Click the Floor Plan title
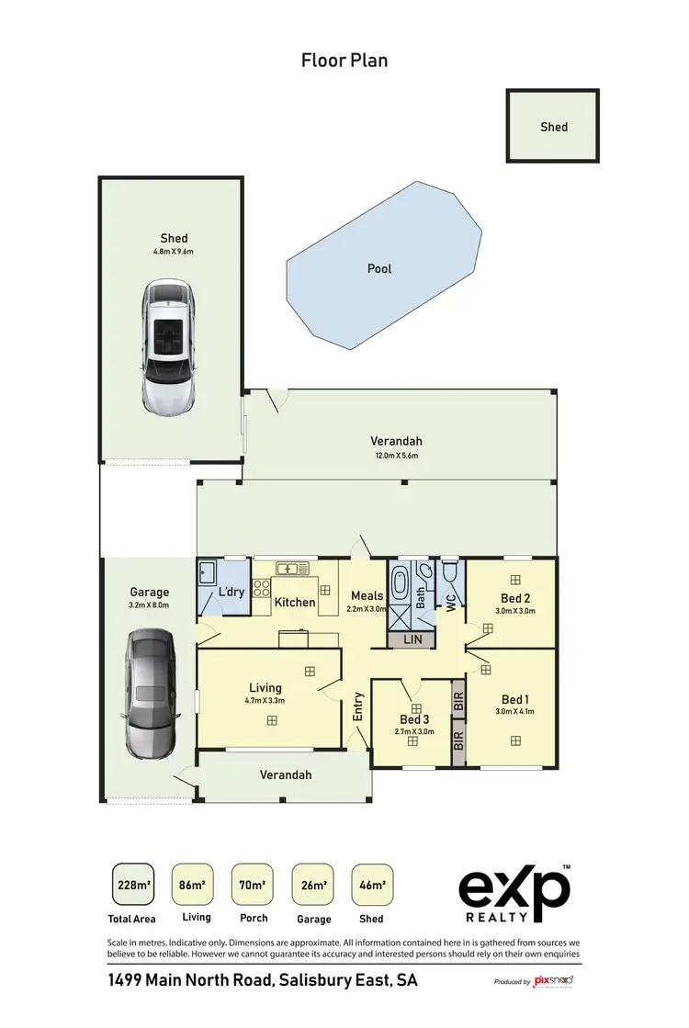pos(344,61)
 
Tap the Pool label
pos(379,268)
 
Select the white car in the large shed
pos(169,347)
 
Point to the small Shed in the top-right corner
pos(553,127)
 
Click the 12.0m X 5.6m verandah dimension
pos(396,456)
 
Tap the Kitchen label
pos(295,603)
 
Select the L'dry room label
pos(231,592)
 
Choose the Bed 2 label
pos(514,597)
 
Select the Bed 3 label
pos(415,718)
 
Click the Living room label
pos(265,687)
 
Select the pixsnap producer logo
pos(553,982)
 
